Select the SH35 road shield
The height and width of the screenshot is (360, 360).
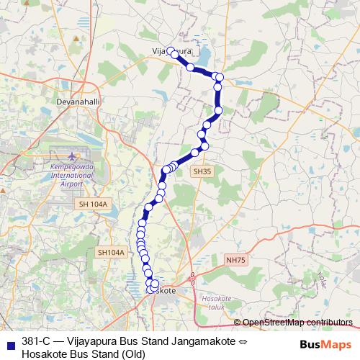[201, 172]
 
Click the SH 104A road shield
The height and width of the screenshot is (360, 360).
[94, 204]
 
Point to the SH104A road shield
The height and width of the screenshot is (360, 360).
[111, 252]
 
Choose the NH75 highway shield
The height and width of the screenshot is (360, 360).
[235, 260]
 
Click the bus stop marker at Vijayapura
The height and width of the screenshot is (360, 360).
[174, 54]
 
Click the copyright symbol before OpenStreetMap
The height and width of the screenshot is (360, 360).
[238, 322]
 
